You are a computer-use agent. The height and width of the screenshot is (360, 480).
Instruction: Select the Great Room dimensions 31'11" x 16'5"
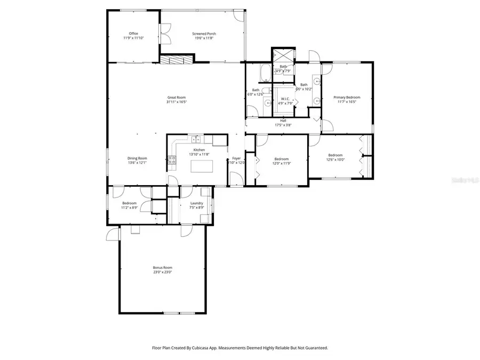176,102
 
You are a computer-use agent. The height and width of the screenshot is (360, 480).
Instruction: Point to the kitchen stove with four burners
172,158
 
